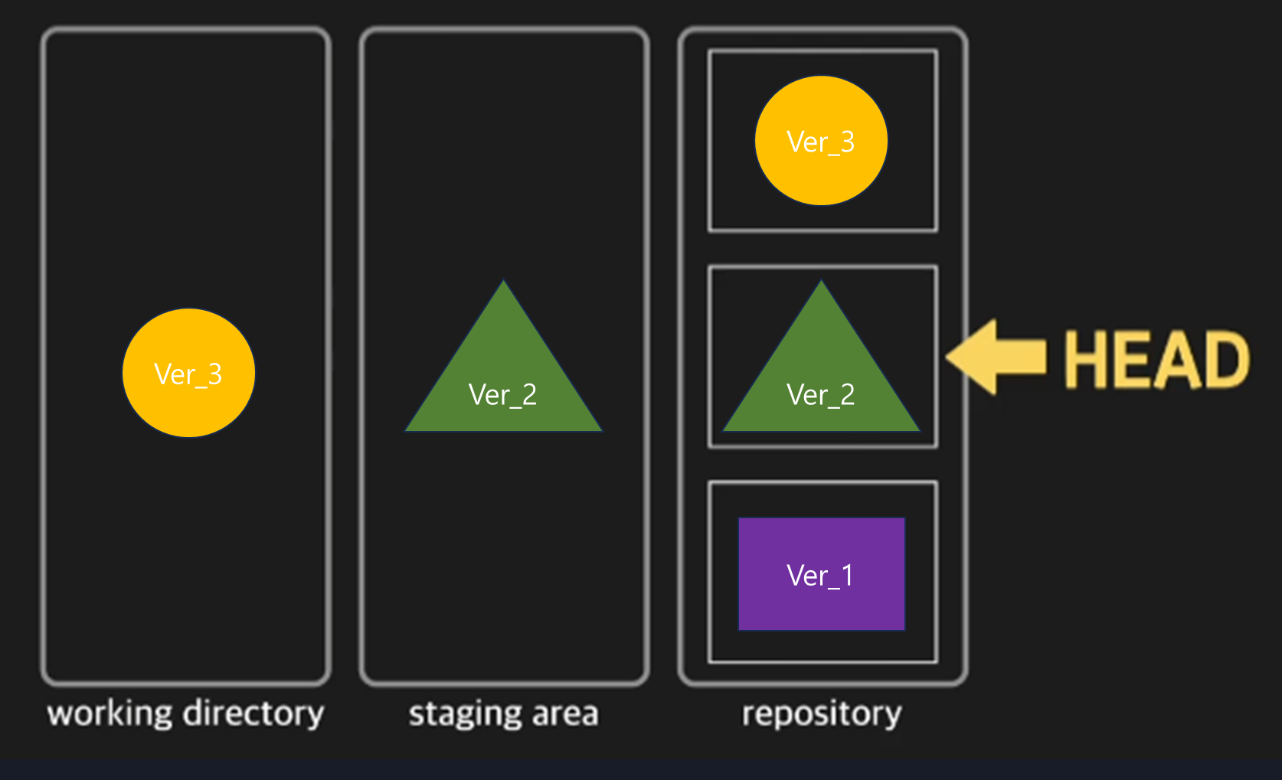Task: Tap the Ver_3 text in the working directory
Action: pos(188,374)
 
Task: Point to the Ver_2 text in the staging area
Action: pos(503,395)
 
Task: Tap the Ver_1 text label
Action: pos(820,576)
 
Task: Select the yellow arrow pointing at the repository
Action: pos(999,357)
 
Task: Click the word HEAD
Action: pos(1156,360)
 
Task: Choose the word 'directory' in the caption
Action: pos(254,713)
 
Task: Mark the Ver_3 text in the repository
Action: pos(821,142)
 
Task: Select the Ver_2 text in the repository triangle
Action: pos(821,395)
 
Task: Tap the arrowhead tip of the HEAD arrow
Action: pos(950,357)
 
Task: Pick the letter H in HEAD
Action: pos(1086,360)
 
